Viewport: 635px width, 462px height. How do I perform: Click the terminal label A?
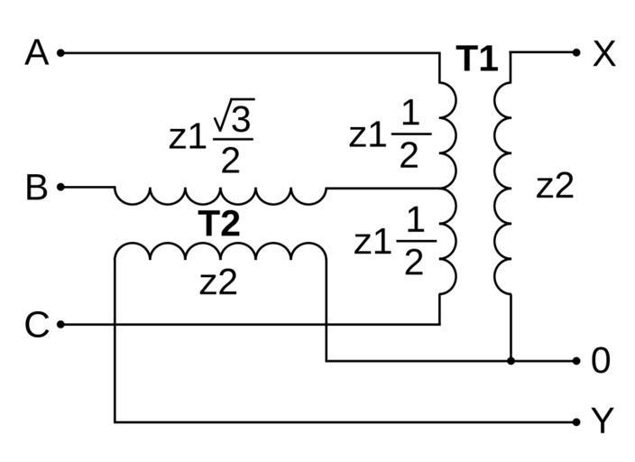pos(36,53)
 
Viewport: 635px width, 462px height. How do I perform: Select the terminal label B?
pos(36,188)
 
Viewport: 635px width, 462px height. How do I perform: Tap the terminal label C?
pos(36,324)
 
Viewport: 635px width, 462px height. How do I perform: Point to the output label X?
pos(603,54)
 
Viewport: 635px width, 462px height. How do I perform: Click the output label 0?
pos(601,361)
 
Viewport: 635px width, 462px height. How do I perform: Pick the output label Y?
pos(602,420)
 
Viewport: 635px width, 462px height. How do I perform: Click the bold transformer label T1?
pos(477,60)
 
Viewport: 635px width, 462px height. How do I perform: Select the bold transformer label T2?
pos(219,224)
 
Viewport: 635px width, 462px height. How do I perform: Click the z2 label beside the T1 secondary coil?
pos(555,186)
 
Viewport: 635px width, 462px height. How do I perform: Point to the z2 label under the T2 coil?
pos(218,282)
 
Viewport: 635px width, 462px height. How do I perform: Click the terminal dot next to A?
pos(61,53)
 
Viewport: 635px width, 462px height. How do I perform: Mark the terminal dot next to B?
pos(61,188)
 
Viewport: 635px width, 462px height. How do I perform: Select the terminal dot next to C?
pos(61,324)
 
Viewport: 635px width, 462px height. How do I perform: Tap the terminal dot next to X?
pos(577,52)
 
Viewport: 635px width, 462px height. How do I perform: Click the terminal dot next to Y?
pos(577,421)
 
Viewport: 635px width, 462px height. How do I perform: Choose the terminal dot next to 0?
pos(577,361)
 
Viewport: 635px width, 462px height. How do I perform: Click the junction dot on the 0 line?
pos(511,361)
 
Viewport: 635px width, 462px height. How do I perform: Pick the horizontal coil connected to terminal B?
pos(219,195)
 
